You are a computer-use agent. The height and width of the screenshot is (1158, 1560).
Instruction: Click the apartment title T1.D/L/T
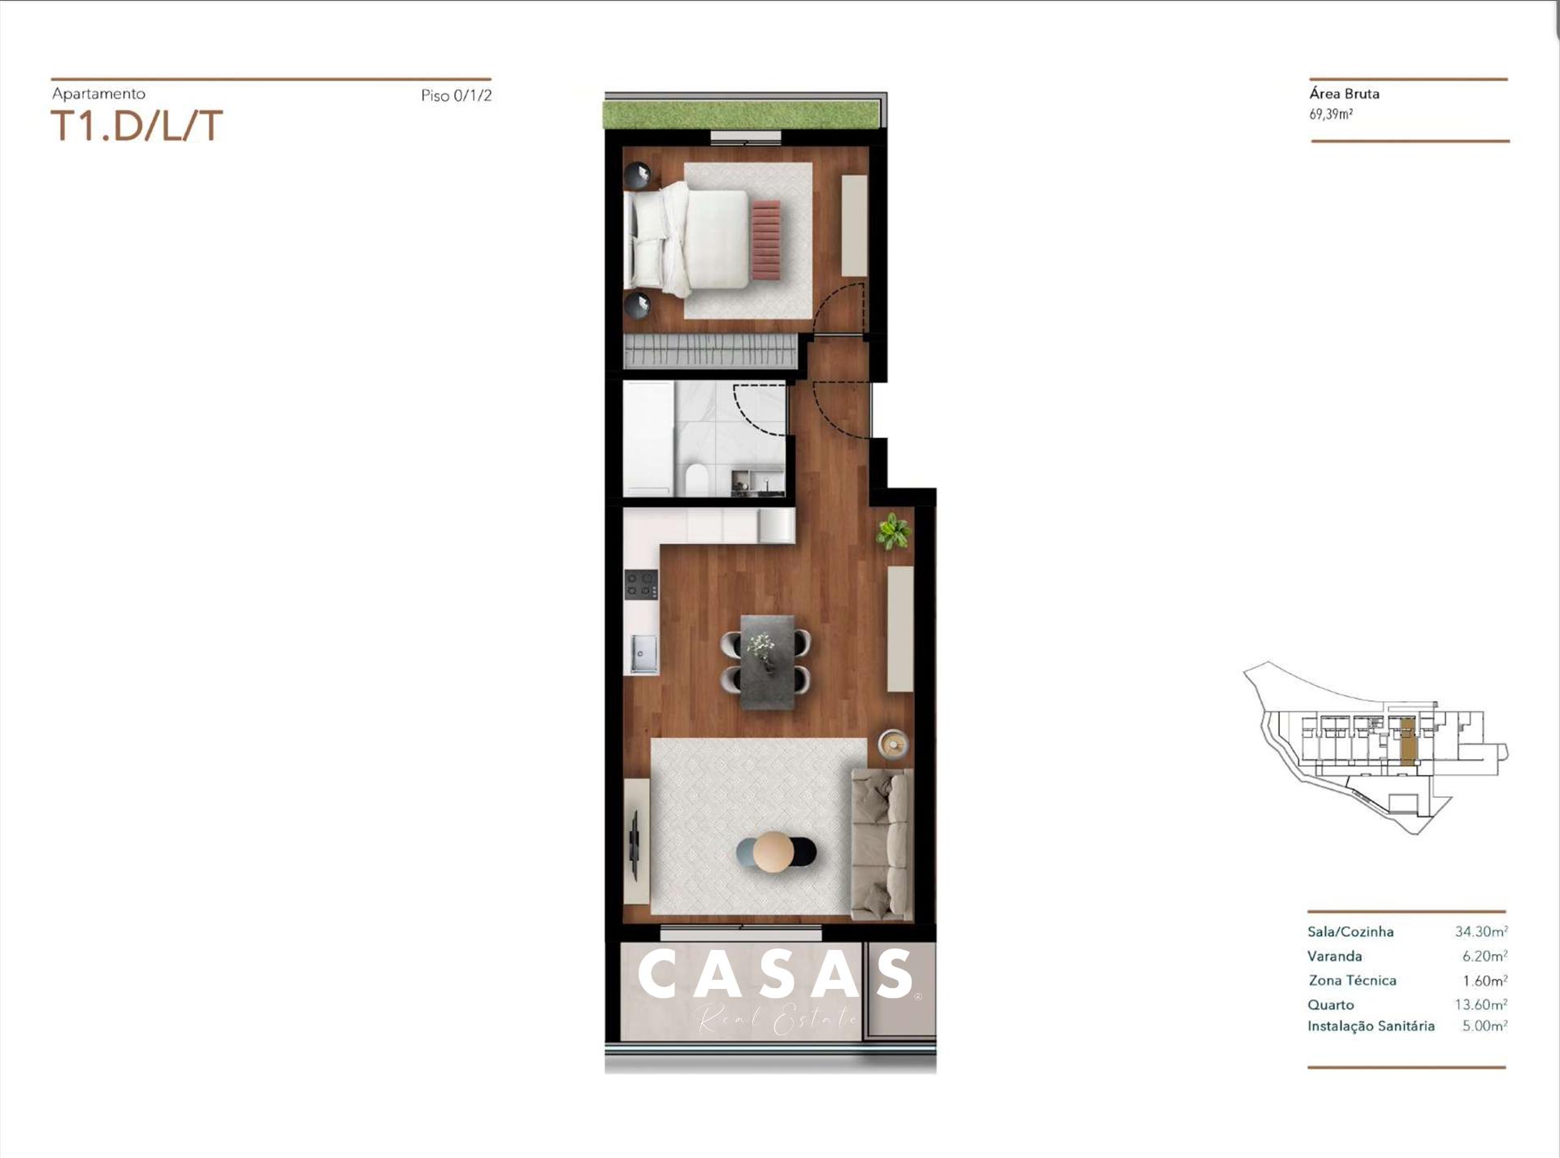(136, 126)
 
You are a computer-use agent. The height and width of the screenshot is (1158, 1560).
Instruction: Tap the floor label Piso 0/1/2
(456, 95)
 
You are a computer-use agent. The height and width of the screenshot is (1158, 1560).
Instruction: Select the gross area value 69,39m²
(1331, 115)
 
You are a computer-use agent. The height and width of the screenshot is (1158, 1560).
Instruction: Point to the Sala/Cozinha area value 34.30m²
(1480, 931)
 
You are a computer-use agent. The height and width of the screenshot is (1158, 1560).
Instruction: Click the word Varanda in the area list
(1334, 956)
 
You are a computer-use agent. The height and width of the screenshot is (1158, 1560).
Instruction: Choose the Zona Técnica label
(1352, 980)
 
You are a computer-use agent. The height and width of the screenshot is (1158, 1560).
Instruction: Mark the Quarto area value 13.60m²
(1480, 1004)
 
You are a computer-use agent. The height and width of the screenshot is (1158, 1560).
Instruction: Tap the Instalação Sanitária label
(1371, 1026)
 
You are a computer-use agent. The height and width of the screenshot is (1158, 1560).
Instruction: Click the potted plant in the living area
(892, 531)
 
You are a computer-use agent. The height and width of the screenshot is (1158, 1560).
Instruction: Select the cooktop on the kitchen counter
(641, 584)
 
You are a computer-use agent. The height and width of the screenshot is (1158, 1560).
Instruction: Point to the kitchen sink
(643, 653)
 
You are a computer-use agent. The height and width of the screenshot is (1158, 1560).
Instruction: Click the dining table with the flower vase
(767, 662)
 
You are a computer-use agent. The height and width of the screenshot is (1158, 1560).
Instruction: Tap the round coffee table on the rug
(773, 852)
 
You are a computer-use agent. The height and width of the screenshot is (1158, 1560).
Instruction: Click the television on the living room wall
(635, 844)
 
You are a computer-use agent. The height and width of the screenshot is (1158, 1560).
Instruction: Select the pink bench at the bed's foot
(766, 240)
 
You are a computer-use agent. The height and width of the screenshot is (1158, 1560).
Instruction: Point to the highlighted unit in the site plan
(1408, 741)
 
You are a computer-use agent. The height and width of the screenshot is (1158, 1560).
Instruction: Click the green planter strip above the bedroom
(741, 115)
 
